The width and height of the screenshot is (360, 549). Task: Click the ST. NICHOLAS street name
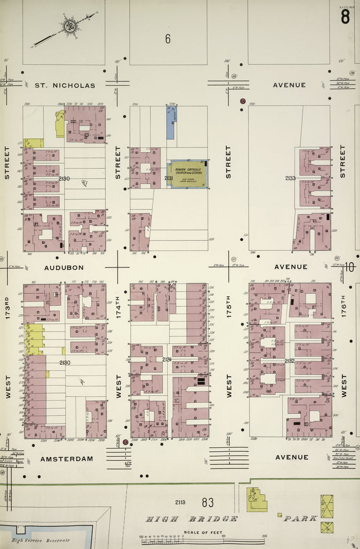(65, 85)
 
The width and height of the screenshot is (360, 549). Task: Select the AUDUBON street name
(64, 267)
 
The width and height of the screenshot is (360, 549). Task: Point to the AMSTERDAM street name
(67, 458)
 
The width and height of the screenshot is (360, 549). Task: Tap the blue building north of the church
(170, 123)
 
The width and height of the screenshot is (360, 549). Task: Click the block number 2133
(290, 178)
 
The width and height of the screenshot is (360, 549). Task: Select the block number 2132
(290, 361)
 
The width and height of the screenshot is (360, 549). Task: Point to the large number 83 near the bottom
(208, 502)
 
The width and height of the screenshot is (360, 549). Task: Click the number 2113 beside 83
(180, 502)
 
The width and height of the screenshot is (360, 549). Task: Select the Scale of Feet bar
(204, 541)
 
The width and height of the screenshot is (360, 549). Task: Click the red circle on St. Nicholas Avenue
(243, 101)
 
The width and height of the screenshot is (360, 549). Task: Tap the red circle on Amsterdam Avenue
(125, 442)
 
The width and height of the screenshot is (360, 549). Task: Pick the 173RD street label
(8, 308)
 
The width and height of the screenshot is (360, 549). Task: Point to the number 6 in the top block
(167, 39)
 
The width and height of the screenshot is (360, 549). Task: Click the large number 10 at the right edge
(349, 266)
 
